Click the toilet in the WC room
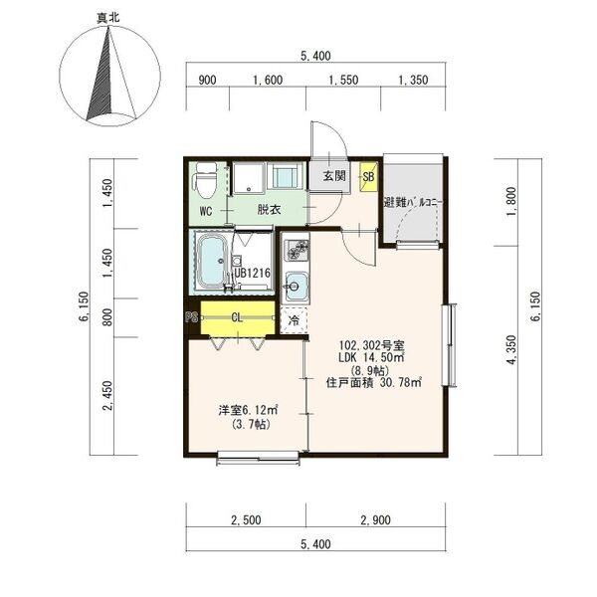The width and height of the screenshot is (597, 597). click(205, 180)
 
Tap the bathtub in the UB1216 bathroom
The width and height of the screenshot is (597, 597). click(212, 261)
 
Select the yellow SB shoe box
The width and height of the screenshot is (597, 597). click(368, 177)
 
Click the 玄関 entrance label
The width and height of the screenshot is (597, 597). click(334, 176)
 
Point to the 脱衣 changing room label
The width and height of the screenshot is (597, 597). click(269, 209)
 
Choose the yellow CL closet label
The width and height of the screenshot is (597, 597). click(237, 317)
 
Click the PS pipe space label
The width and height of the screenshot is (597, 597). click(192, 316)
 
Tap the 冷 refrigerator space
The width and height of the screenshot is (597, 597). click(294, 320)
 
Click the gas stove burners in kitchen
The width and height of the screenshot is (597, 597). click(297, 250)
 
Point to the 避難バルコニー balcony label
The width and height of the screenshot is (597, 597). click(413, 203)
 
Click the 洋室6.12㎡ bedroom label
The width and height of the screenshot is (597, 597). click(248, 410)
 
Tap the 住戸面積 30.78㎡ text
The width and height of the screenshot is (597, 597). click(374, 382)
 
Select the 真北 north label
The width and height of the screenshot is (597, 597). click(108, 18)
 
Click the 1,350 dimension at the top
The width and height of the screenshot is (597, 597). click(413, 80)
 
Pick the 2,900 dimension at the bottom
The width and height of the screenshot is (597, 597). click(375, 520)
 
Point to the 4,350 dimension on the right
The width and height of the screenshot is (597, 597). click(511, 349)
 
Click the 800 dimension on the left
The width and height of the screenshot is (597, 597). click(108, 317)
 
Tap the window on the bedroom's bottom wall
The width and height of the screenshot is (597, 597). click(258, 458)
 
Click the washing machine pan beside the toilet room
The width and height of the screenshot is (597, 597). click(249, 178)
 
